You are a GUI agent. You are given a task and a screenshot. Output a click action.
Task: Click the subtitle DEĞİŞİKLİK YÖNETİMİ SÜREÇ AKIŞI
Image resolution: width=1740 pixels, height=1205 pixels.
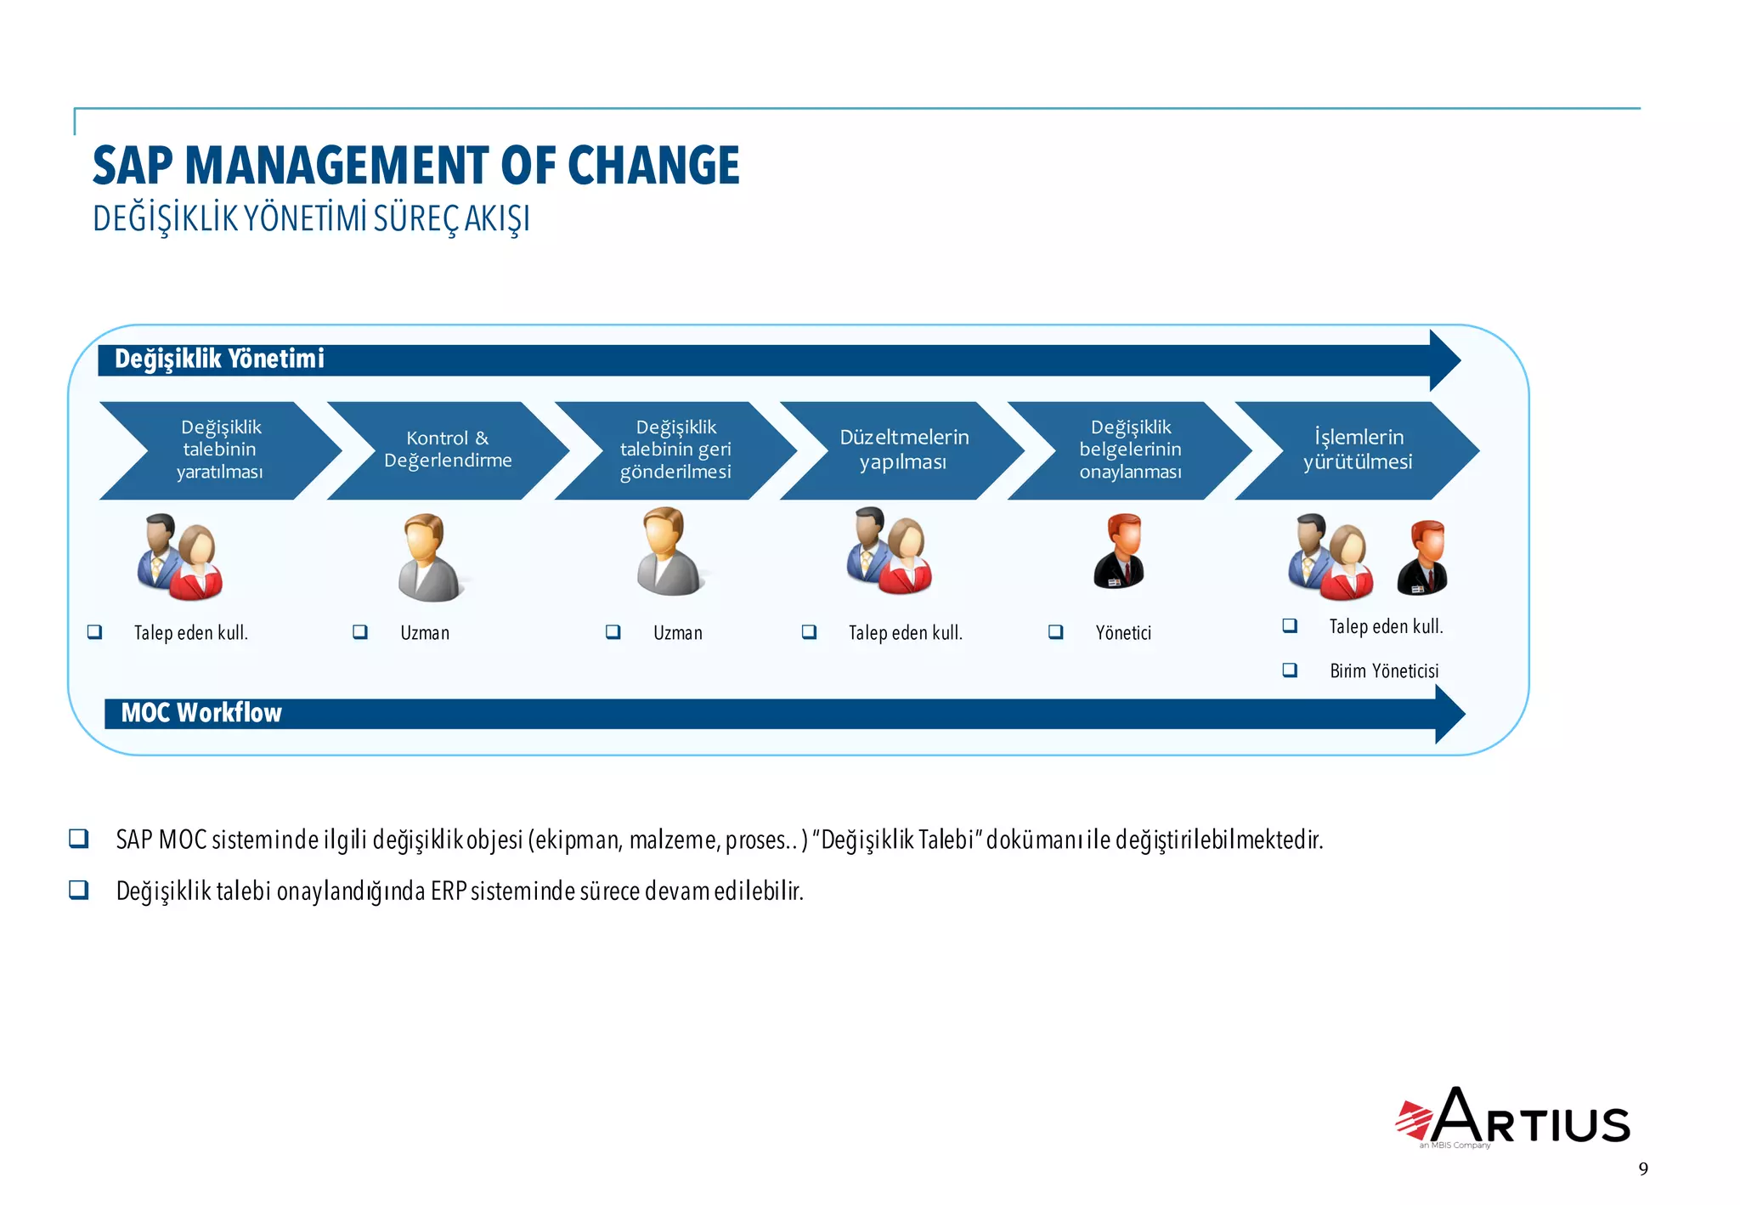pos(311,218)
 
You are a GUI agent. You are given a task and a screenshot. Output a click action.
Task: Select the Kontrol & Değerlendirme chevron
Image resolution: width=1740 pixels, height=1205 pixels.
pos(448,450)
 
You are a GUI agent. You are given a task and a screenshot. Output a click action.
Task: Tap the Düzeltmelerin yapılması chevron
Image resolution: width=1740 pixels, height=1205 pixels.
pos(903,450)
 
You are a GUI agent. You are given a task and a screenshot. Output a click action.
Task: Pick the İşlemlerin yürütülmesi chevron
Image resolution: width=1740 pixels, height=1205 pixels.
pos(1358,450)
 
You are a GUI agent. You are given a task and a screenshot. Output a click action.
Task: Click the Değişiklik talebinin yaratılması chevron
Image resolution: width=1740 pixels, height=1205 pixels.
pos(220,450)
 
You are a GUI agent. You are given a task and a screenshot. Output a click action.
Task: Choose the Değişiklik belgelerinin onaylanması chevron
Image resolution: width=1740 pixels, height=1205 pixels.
pos(1130,450)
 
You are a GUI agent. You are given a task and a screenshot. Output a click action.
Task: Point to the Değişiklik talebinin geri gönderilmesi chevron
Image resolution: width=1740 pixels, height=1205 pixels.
pos(675,450)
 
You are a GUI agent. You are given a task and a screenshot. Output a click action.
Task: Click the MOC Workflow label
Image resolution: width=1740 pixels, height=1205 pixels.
pos(201,713)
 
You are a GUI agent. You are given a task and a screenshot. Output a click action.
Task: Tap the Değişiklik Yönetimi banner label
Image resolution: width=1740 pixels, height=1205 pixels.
pos(219,359)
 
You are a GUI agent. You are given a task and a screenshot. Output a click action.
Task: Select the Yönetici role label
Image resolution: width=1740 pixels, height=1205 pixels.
pos(1123,633)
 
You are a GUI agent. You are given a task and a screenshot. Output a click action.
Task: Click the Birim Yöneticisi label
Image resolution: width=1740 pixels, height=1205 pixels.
pos(1384,671)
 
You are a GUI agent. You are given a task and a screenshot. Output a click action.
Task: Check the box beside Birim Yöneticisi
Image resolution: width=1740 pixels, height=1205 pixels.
pos(1290,670)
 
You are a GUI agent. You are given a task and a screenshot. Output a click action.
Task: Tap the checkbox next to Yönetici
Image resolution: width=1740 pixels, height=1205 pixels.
pos(1056,632)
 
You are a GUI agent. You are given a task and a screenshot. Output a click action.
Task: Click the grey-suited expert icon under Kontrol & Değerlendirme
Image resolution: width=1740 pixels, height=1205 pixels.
pos(428,558)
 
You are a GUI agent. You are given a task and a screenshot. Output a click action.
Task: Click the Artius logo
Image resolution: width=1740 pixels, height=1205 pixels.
pos(1514,1117)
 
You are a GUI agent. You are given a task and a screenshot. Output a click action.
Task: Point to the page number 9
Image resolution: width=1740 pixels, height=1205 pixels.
pos(1643,1169)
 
